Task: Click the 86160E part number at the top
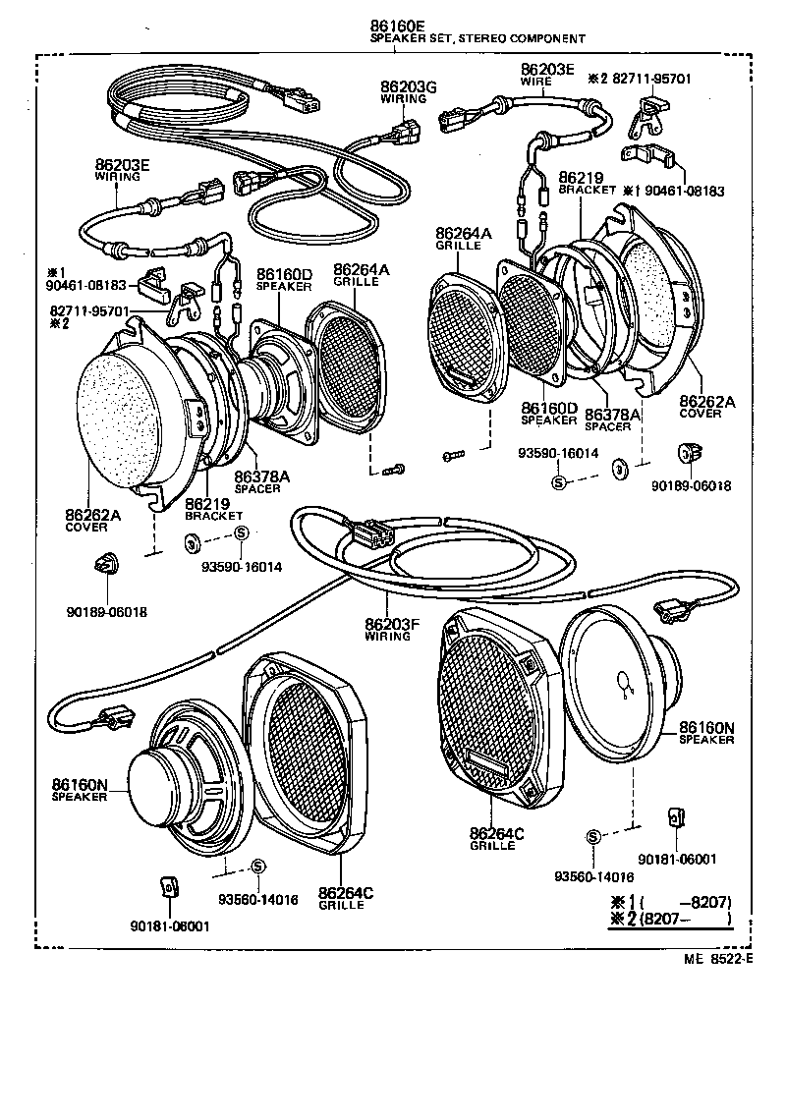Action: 398,26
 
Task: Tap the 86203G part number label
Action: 409,86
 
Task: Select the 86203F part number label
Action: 392,624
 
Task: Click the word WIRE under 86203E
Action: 535,83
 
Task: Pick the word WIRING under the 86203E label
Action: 117,177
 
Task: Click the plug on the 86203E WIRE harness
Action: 454,121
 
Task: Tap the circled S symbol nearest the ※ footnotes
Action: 592,837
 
